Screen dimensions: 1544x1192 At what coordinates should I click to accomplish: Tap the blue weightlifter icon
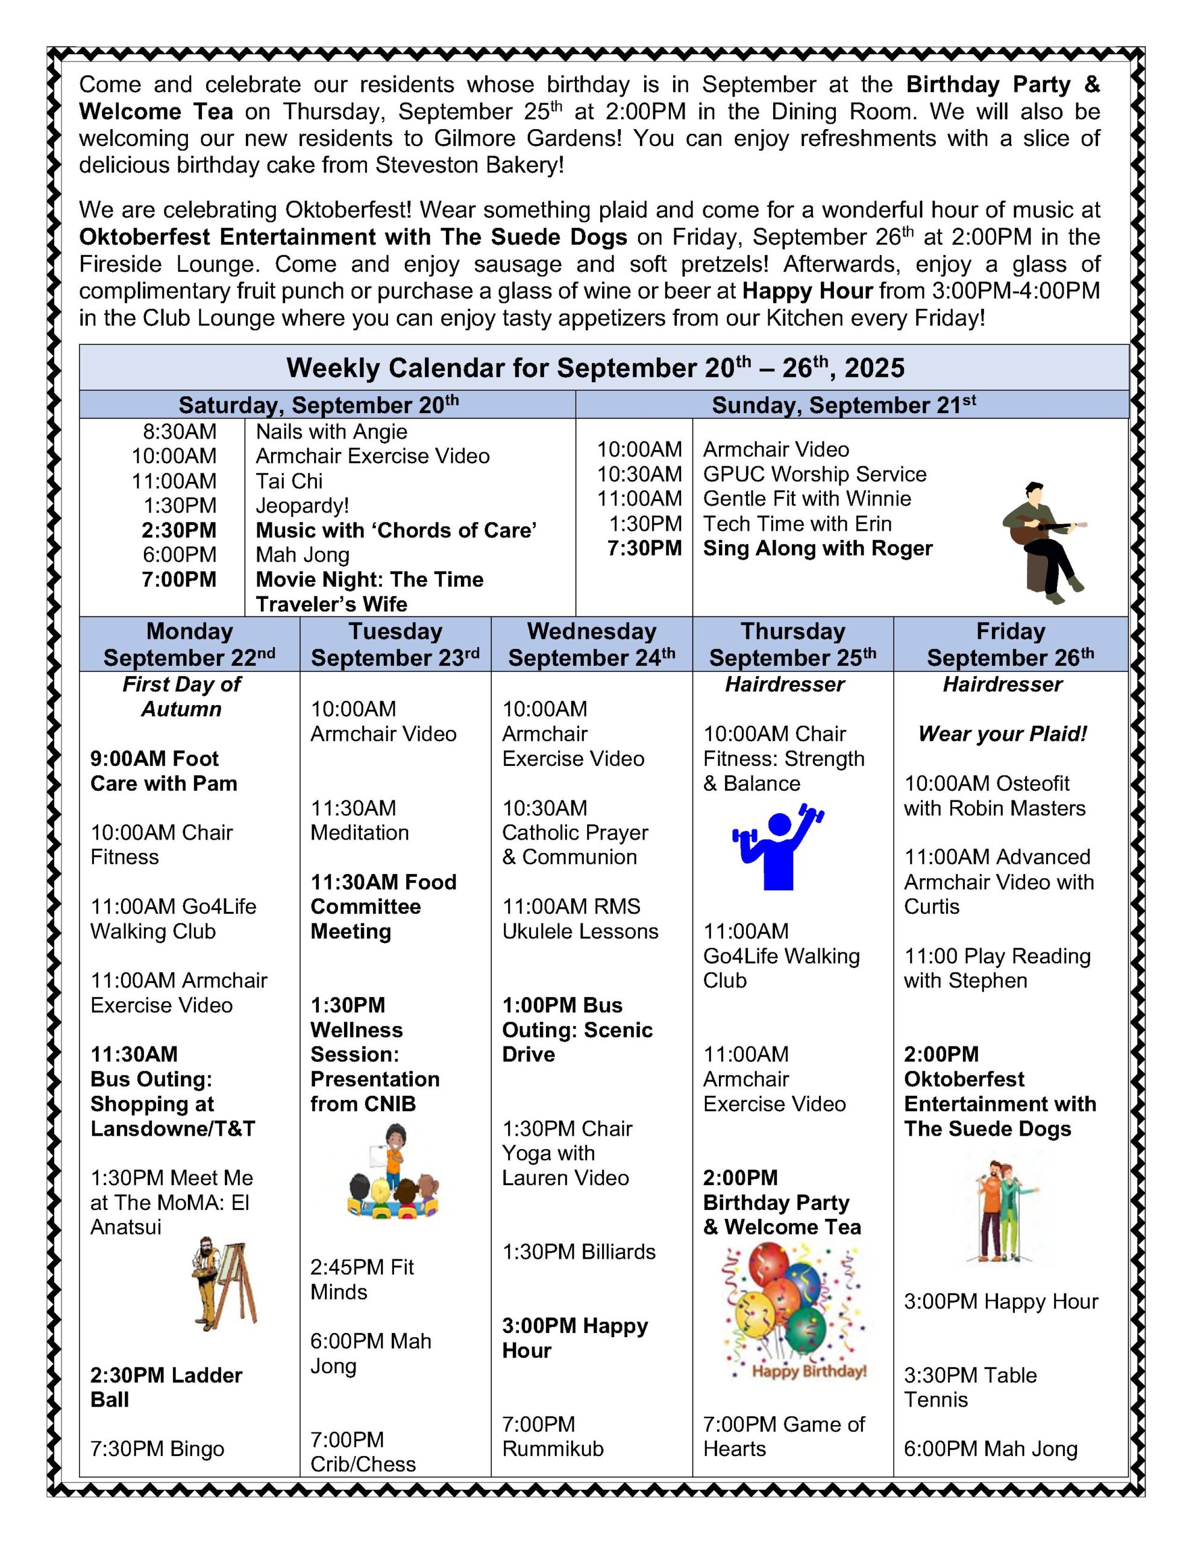[778, 847]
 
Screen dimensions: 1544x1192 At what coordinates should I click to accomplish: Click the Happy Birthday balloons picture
[793, 1312]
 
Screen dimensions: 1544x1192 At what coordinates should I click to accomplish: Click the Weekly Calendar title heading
[595, 369]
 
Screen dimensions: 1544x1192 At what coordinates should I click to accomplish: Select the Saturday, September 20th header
[319, 405]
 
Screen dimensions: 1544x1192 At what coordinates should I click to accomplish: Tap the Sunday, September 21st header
[844, 405]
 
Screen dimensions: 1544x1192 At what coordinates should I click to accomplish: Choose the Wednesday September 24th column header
[591, 644]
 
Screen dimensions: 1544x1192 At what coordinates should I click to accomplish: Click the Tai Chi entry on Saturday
[289, 481]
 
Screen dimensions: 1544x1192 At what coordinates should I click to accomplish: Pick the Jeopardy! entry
[303, 505]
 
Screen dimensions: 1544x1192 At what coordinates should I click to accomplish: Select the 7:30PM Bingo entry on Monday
[157, 1449]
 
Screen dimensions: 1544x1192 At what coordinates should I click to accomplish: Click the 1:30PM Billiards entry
[579, 1251]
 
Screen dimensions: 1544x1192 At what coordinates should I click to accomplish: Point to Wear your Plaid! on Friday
[1002, 734]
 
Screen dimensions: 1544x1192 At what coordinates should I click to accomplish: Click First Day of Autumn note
[181, 697]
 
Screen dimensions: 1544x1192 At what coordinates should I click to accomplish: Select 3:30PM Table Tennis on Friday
[970, 1387]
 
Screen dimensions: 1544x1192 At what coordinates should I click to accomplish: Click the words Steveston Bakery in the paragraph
[468, 165]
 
